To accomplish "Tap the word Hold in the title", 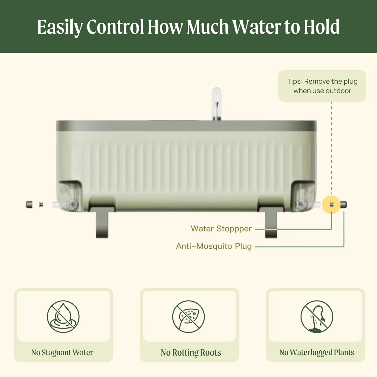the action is point(322,27).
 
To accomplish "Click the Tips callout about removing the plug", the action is point(322,86).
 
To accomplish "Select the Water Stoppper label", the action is point(221,229).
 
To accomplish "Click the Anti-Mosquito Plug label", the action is point(214,246).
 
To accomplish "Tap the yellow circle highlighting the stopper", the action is point(331,205).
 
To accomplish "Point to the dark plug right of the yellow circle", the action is point(344,205).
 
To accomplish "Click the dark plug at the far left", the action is point(29,204).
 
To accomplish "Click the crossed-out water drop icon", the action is point(63,317).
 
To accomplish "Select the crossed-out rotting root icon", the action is point(189,317).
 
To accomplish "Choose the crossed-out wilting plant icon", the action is point(317,317).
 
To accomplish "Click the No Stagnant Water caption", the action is point(62,352).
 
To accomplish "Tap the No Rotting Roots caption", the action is point(191,352).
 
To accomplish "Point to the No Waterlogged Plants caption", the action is point(317,352).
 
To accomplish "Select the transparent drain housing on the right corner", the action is point(303,196).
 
